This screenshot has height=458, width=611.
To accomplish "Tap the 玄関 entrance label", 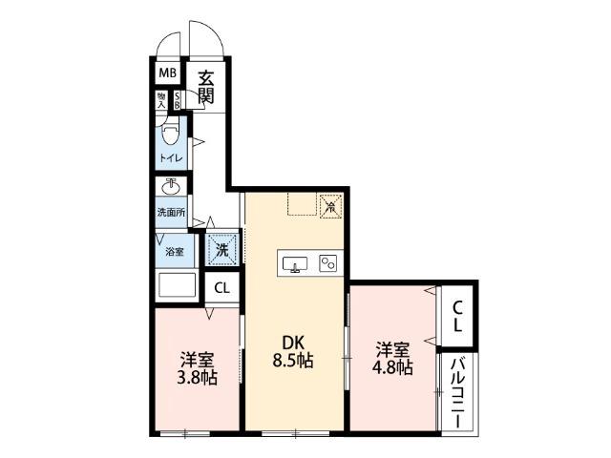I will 205,87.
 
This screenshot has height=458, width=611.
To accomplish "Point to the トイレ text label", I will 172,157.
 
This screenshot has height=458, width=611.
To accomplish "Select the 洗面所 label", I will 172,212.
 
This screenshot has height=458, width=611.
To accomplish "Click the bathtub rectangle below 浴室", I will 175,286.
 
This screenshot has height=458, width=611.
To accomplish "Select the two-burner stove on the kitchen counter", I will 327,262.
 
